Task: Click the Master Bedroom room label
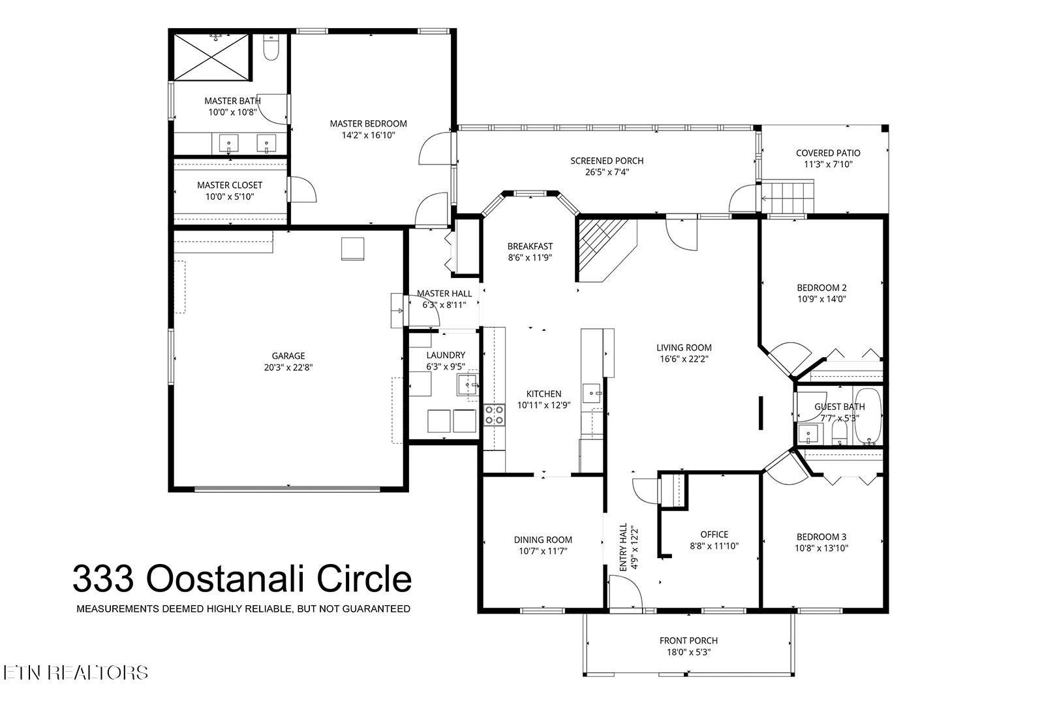[x=368, y=124]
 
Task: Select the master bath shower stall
[x=211, y=57]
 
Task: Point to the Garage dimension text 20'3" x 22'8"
[x=288, y=368]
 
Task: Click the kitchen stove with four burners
[x=494, y=415]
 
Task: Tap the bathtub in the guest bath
[x=867, y=416]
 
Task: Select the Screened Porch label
[x=607, y=161]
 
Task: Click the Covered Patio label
[x=828, y=153]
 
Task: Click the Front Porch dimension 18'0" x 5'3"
[x=688, y=652]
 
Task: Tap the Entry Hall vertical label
[x=623, y=547]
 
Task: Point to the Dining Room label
[x=543, y=540]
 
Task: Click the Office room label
[x=714, y=535]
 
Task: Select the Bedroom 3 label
[x=821, y=537]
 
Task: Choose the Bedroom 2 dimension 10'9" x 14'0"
[x=821, y=299]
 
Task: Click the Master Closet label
[x=230, y=185]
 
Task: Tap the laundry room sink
[x=468, y=385]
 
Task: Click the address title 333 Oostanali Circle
[x=242, y=579]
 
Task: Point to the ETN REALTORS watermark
[x=76, y=672]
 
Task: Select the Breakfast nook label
[x=530, y=246]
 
